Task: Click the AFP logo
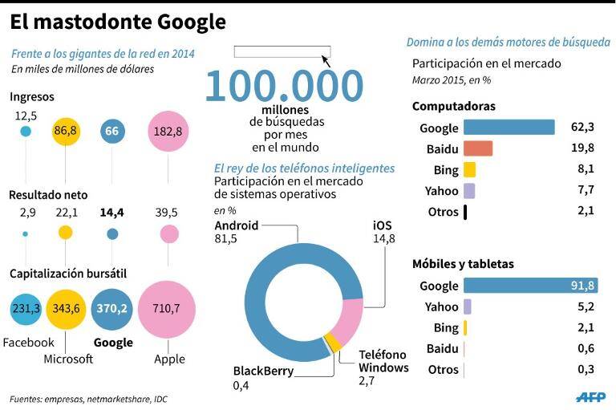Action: [x=590, y=397]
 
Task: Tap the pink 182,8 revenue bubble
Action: [x=168, y=132]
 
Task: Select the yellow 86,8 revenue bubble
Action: [x=66, y=132]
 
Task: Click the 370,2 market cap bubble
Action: [x=112, y=309]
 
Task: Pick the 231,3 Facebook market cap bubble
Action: [x=26, y=309]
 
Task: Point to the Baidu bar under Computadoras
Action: [x=478, y=148]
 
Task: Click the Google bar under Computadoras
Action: [x=509, y=128]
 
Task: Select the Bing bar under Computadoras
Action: [x=469, y=170]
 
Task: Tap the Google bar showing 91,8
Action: [x=531, y=286]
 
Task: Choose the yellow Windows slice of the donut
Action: [x=334, y=343]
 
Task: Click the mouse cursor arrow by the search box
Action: [x=326, y=61]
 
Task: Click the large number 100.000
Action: [x=284, y=86]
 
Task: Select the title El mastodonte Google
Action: [x=118, y=22]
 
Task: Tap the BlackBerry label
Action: [x=263, y=371]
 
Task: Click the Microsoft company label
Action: [x=68, y=359]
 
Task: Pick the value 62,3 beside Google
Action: [x=582, y=127]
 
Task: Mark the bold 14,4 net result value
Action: [x=112, y=213]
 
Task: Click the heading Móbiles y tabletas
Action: [x=463, y=264]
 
